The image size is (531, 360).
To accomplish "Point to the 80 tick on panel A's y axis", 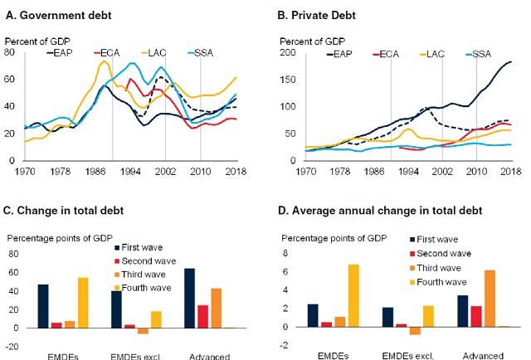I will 11,52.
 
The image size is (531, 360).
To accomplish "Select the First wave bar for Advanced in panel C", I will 189,298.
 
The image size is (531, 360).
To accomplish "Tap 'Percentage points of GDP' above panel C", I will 59,238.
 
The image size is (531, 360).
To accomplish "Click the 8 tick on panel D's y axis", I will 287,254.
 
